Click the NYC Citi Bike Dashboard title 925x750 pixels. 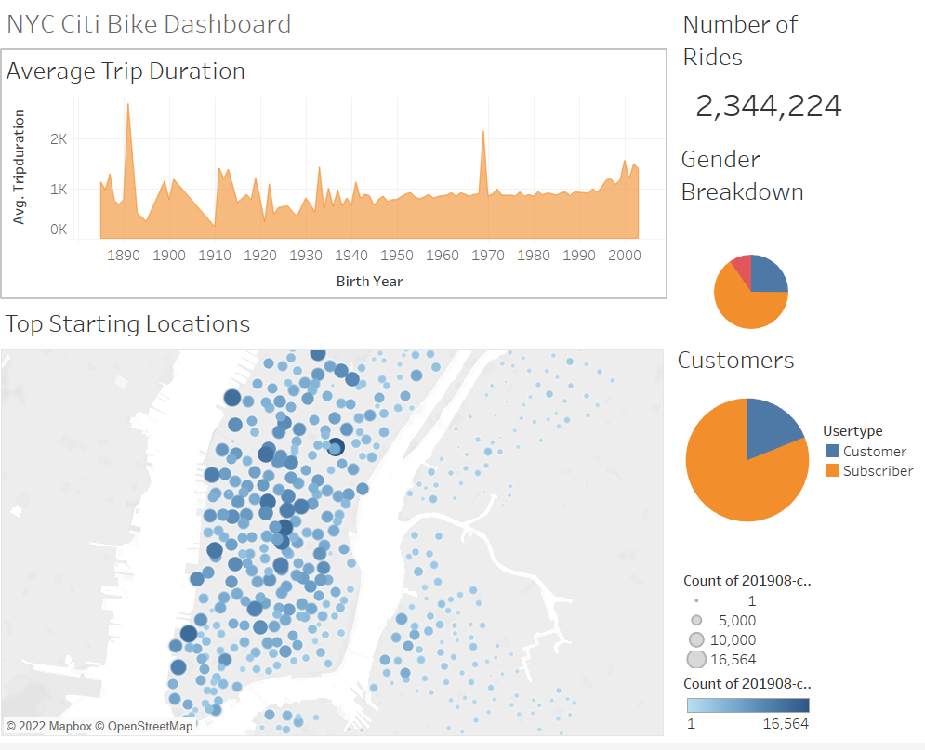pos(149,23)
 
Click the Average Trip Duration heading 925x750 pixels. pos(126,72)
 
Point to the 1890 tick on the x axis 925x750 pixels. pos(123,256)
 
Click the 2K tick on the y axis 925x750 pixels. pos(59,139)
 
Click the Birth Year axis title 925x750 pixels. pos(369,281)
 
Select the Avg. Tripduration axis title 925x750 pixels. pos(19,166)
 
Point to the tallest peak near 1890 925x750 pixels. pos(127,104)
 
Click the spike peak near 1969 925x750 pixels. pos(483,132)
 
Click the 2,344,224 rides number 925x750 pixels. pos(768,106)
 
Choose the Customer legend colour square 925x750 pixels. pos(831,452)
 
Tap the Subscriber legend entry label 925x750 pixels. pos(878,471)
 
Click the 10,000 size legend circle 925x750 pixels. pos(695,640)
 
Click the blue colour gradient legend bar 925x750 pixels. pos(747,705)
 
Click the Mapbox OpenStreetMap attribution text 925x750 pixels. pos(99,726)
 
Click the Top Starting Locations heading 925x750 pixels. pos(127,324)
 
